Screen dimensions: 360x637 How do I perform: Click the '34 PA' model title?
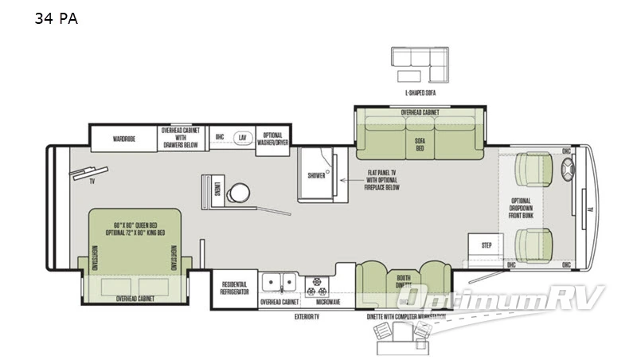[x=56, y=18]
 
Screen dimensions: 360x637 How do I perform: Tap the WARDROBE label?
[x=123, y=138]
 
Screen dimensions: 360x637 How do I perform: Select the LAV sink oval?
[x=241, y=137]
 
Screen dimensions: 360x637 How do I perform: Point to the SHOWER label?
[x=316, y=176]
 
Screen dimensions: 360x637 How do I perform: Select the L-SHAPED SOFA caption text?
[x=420, y=93]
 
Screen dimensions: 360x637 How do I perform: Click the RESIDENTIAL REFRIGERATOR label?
[x=234, y=288]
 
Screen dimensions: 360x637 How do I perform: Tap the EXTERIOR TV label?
[x=305, y=317]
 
